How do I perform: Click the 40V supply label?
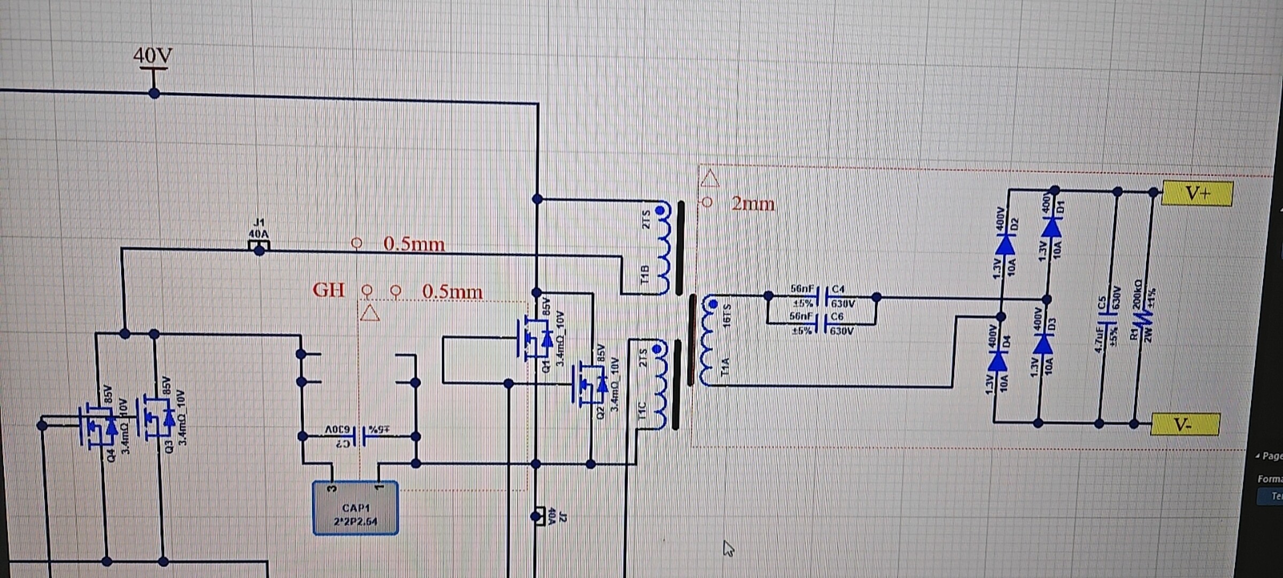coord(152,55)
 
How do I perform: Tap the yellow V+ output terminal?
coord(1197,193)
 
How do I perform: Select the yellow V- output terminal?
coord(1184,425)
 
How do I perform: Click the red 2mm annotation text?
coord(753,204)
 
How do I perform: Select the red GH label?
coord(328,291)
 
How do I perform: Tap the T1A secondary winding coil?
coord(707,343)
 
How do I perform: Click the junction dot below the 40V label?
coord(154,94)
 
